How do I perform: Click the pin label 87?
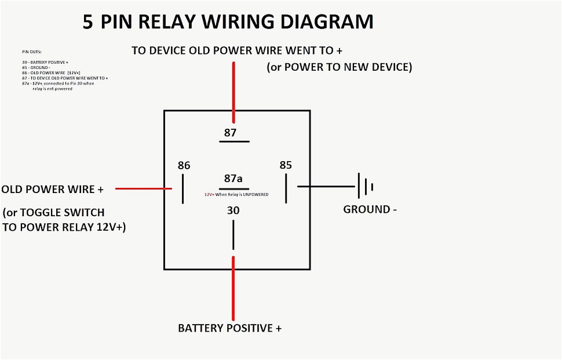pos(231,133)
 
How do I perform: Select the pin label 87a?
pos(233,178)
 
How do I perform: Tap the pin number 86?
pos(184,166)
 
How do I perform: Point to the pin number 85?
pos(286,165)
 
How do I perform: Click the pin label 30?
pos(233,210)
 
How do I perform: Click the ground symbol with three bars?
pos(365,187)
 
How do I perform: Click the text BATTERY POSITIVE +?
pos(230,328)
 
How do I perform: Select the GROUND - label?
pos(370,209)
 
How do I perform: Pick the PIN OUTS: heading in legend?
pos(32,52)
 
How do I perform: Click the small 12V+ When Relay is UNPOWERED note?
pos(236,195)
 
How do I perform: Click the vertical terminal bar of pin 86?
pos(183,189)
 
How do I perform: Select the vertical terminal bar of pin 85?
pos(286,189)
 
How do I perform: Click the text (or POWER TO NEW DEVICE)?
pos(339,67)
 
